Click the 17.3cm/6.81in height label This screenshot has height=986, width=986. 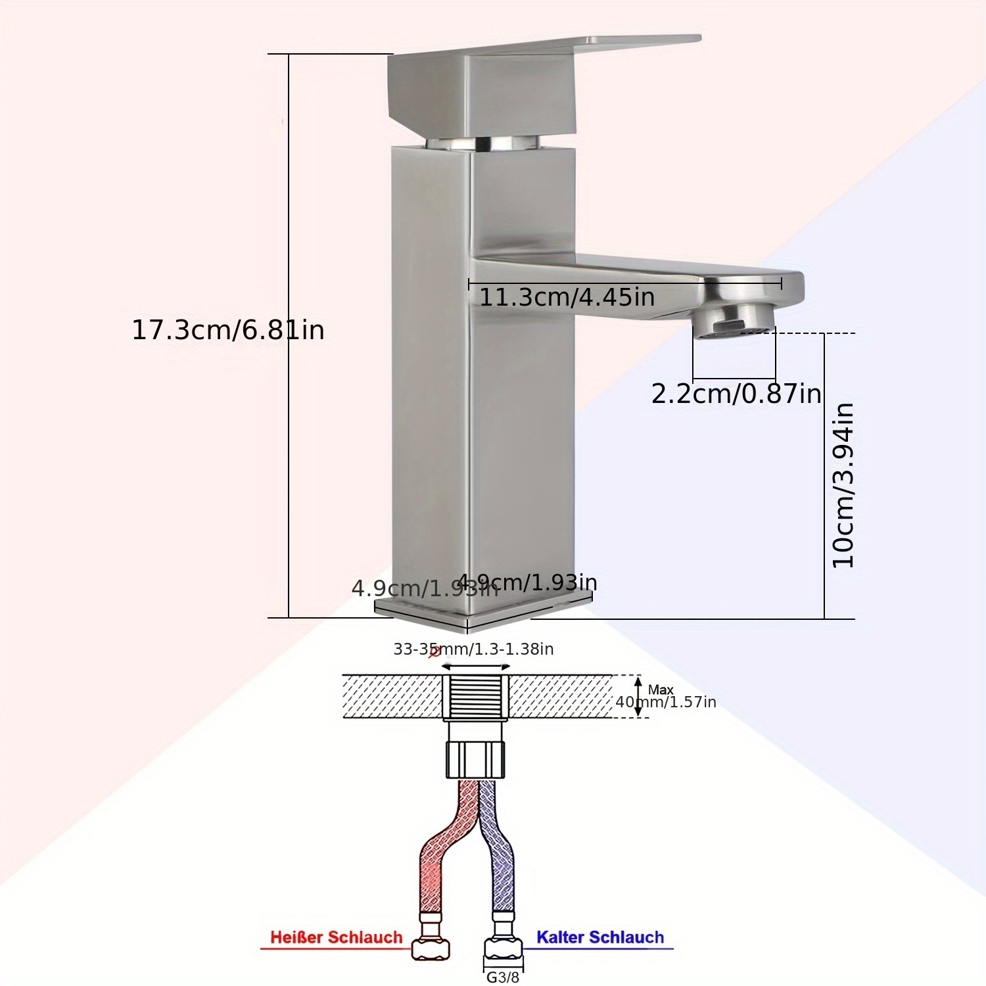point(228,329)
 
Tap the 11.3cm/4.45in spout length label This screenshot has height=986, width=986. point(566,297)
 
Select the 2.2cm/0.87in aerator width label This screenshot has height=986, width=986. point(736,394)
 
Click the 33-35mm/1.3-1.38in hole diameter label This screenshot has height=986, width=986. point(473,649)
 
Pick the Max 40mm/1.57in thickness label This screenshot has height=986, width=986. point(665,697)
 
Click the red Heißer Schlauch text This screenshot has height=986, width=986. point(336,937)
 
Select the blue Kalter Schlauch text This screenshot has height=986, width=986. point(599,937)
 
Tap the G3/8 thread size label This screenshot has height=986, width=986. point(503,977)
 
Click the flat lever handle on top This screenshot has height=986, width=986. point(546,49)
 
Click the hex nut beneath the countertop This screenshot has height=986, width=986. point(475,759)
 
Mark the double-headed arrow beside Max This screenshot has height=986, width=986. point(638,697)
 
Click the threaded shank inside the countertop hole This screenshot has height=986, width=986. point(475,695)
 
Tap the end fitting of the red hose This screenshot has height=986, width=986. point(431,947)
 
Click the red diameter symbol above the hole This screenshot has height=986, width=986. point(434,652)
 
